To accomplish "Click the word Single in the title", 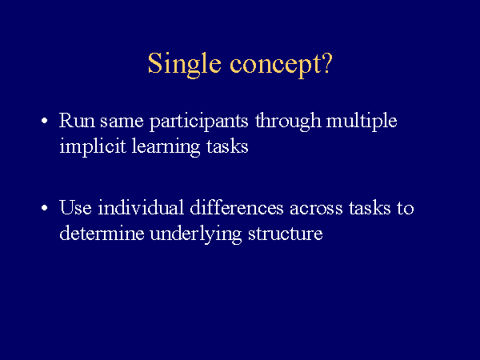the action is click(x=184, y=65).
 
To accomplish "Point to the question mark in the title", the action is click(x=327, y=62).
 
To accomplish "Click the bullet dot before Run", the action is click(x=45, y=121).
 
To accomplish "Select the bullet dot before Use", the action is click(x=45, y=208).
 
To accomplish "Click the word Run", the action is click(x=77, y=120).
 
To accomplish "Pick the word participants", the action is click(x=198, y=122).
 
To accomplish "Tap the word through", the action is click(x=288, y=121).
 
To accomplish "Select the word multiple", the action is click(x=362, y=122).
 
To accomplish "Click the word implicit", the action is click(x=93, y=147).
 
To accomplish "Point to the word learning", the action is click(x=166, y=147).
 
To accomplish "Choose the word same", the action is click(x=122, y=122).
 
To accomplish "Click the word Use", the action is click(x=75, y=207).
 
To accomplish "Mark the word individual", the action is click(x=141, y=206).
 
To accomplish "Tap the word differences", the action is click(x=237, y=206).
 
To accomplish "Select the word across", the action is click(x=316, y=209).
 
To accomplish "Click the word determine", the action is click(x=102, y=233).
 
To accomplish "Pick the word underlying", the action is click(x=196, y=234).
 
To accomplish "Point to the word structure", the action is click(x=286, y=234).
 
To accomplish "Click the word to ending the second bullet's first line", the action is click(x=406, y=208).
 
